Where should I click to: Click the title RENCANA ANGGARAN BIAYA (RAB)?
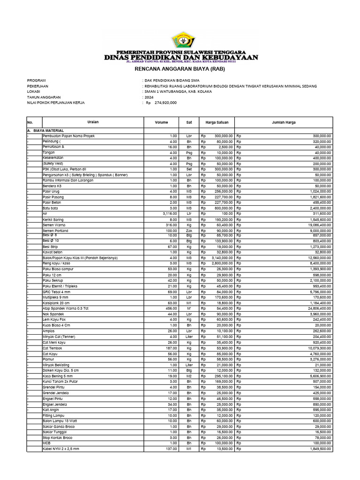pyautogui.click(x=180, y=69)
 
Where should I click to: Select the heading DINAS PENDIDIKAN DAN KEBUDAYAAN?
pyautogui.click(x=181, y=57)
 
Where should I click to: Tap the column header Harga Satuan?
pyautogui.click(x=217, y=122)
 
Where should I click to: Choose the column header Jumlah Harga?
pyautogui.click(x=284, y=122)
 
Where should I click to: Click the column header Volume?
pyautogui.click(x=161, y=122)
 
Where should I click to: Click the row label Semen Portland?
pyautogui.click(x=55, y=231)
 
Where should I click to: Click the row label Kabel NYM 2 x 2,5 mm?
pyautogui.click(x=61, y=449)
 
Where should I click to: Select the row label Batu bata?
pyautogui.click(x=51, y=208)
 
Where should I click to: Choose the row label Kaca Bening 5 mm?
pyautogui.click(x=58, y=376)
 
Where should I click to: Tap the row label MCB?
pyautogui.click(x=46, y=443)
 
